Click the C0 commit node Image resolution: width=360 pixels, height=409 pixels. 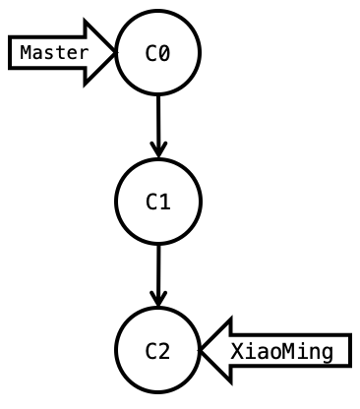157,52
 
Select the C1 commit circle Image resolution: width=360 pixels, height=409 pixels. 157,202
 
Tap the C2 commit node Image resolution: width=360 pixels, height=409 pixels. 157,350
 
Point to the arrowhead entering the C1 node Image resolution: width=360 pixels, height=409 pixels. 157,149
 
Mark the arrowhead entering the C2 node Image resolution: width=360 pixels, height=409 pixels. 157,299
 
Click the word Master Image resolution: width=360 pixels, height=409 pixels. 53,52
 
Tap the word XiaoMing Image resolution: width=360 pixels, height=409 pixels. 281,351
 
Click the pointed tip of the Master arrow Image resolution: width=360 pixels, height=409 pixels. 114,52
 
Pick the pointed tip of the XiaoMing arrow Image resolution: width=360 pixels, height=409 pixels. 202,350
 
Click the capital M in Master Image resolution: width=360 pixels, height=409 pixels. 26,52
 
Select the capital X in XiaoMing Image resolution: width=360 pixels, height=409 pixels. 237,351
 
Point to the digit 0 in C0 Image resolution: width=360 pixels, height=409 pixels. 164,53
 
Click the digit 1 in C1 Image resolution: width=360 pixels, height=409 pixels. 164,203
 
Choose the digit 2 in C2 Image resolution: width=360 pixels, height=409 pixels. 164,351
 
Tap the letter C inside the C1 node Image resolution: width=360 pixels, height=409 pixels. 151,203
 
